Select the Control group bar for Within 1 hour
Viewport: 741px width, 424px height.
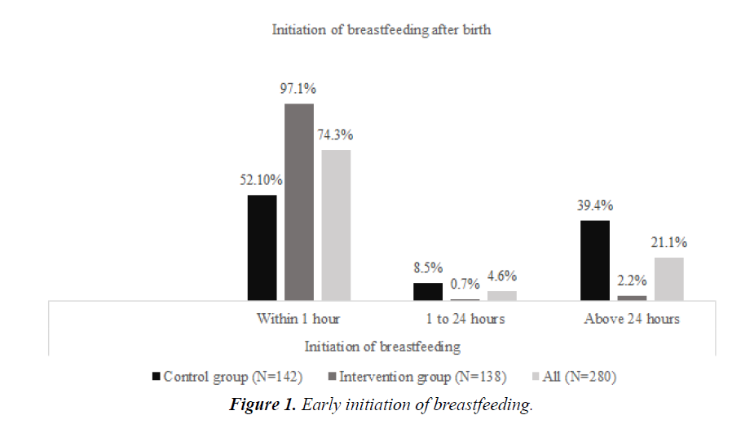(262, 248)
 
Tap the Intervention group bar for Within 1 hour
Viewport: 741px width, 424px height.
(299, 202)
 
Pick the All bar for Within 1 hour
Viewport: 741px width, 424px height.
(336, 225)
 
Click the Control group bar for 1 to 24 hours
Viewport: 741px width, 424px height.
(428, 292)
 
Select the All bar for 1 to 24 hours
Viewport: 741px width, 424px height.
(502, 296)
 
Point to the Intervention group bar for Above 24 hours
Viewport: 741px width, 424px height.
(632, 298)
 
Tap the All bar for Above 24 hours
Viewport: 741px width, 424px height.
(668, 279)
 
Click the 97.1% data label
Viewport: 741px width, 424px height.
(299, 89)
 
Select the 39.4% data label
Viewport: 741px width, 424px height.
(595, 205)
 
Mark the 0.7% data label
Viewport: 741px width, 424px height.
(465, 285)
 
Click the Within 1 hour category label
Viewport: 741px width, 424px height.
(298, 319)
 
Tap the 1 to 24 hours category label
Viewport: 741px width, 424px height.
(465, 319)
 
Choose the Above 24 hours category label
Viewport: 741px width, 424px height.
(632, 319)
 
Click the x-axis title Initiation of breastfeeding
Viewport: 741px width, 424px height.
(382, 347)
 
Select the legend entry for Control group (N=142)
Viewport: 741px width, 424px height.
(227, 376)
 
